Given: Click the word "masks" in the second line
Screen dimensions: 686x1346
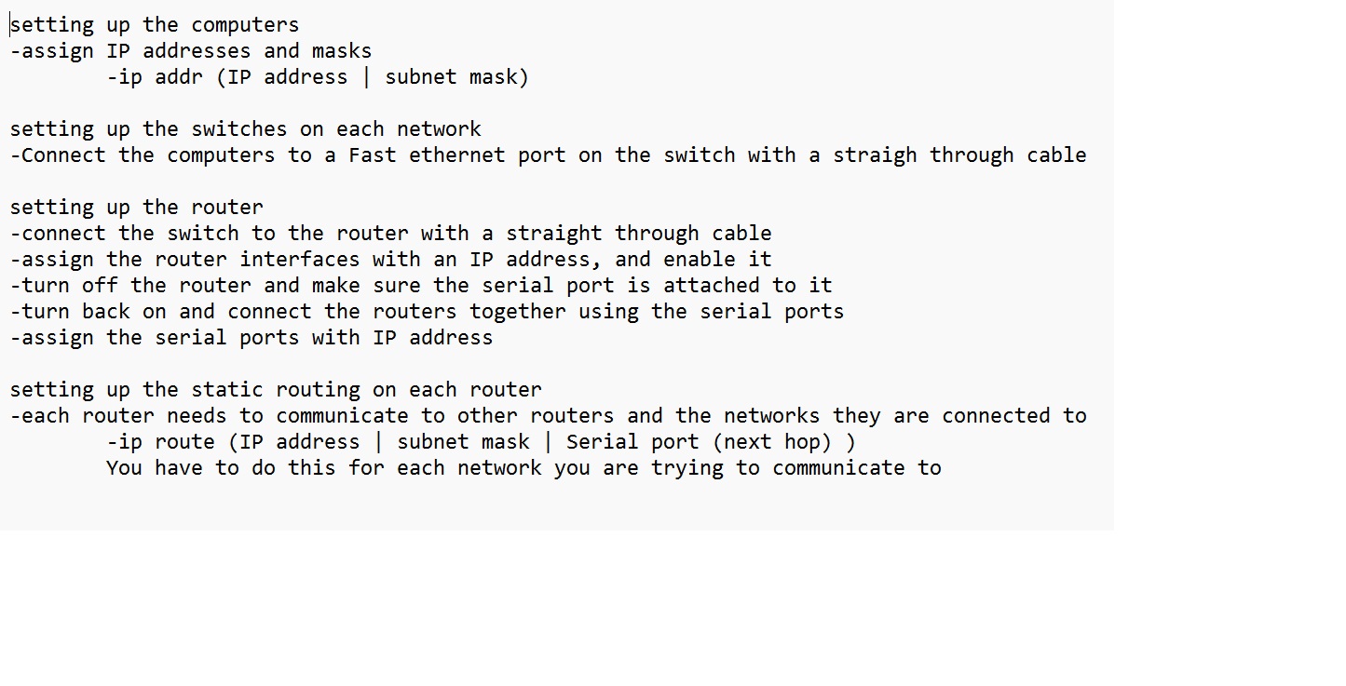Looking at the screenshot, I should point(342,51).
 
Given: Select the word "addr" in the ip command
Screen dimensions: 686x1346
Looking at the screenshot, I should point(179,77).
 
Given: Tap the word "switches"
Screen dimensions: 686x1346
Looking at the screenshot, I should point(239,129).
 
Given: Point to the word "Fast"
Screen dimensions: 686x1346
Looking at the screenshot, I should point(373,155).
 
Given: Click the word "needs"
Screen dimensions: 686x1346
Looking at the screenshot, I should point(197,416).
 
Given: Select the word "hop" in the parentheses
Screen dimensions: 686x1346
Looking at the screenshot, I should point(802,442).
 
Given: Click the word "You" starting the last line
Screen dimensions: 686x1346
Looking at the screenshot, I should point(125,468).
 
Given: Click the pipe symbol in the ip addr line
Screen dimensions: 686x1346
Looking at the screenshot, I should point(366,77).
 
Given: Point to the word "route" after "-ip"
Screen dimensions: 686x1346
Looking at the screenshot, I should point(185,442).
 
